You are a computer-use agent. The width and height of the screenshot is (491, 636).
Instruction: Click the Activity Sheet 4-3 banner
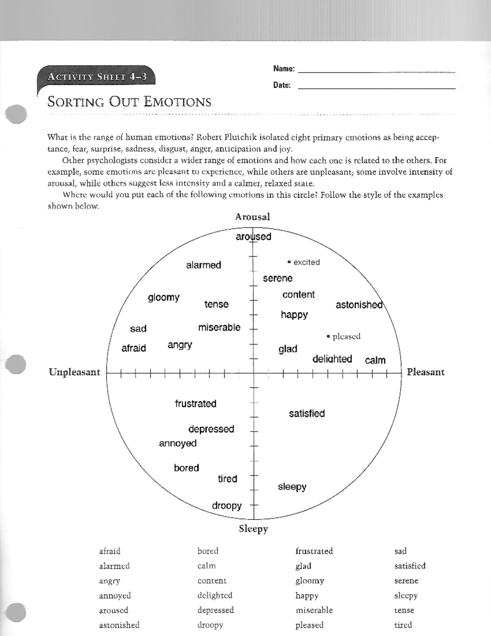coord(97,77)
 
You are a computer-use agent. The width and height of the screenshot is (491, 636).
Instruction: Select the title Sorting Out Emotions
coord(129,102)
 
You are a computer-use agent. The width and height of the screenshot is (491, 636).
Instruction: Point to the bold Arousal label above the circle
coord(252,217)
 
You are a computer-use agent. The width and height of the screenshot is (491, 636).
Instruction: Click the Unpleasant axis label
coord(74,372)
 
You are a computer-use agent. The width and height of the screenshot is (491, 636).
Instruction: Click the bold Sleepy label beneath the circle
coord(253,529)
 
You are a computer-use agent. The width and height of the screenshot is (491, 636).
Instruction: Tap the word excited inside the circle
coord(306,262)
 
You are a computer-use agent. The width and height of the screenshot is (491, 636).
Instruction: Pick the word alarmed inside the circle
coord(203,265)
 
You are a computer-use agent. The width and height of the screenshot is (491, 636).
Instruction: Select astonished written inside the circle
coord(359,305)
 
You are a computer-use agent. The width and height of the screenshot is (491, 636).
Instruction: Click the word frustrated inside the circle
coord(196,403)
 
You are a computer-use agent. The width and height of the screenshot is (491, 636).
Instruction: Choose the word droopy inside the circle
coord(227,506)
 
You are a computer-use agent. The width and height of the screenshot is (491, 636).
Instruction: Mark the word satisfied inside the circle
coord(307,414)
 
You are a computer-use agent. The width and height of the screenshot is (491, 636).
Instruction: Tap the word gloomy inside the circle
coord(164,297)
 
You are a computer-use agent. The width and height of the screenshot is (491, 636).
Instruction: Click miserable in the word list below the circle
coord(314,610)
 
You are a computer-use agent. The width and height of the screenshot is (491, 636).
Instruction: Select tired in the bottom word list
coord(403,625)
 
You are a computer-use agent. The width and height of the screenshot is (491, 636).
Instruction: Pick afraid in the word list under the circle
coord(110,551)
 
